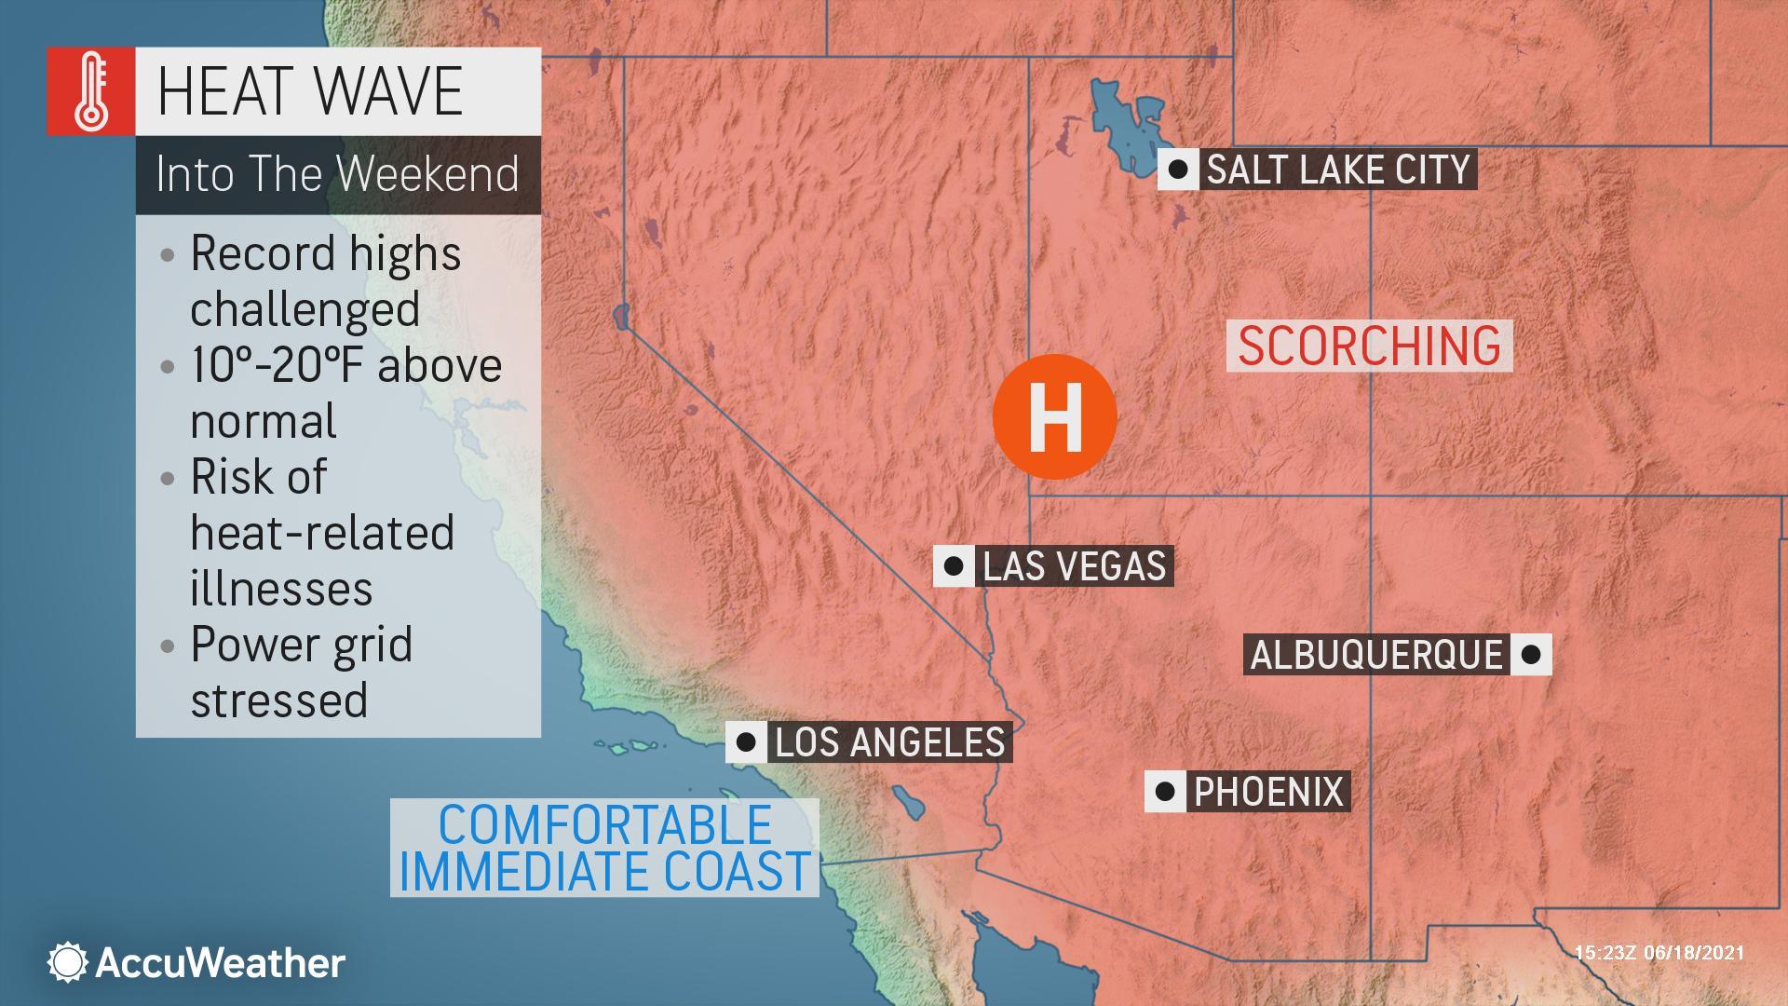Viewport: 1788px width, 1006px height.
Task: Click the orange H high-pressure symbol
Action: coord(1054,416)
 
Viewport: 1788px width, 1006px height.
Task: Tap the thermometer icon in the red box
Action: coord(91,91)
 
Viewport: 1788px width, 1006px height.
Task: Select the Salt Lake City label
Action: coord(1338,170)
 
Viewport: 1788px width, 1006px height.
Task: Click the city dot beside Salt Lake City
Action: coord(1178,170)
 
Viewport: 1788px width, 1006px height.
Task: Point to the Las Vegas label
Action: coord(1074,566)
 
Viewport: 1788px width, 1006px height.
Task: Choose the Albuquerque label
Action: coord(1376,655)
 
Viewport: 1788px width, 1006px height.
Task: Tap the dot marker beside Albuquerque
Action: coord(1530,655)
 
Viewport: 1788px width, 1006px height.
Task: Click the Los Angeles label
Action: coord(890,742)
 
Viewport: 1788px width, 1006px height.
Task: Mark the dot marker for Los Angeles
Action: coord(746,742)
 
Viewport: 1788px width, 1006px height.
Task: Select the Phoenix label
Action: coord(1268,792)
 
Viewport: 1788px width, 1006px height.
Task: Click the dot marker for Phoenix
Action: coord(1164,792)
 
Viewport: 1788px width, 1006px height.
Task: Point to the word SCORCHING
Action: coord(1369,346)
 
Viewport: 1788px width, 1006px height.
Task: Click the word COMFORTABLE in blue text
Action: coord(605,825)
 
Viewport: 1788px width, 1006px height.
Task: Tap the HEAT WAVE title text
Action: coord(310,91)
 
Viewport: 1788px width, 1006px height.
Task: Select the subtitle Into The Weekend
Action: coord(337,174)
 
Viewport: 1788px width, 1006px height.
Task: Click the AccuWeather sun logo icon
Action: coord(67,962)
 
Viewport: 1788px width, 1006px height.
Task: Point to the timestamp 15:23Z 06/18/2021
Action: coord(1659,953)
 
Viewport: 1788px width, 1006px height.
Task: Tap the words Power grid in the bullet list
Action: coord(301,645)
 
